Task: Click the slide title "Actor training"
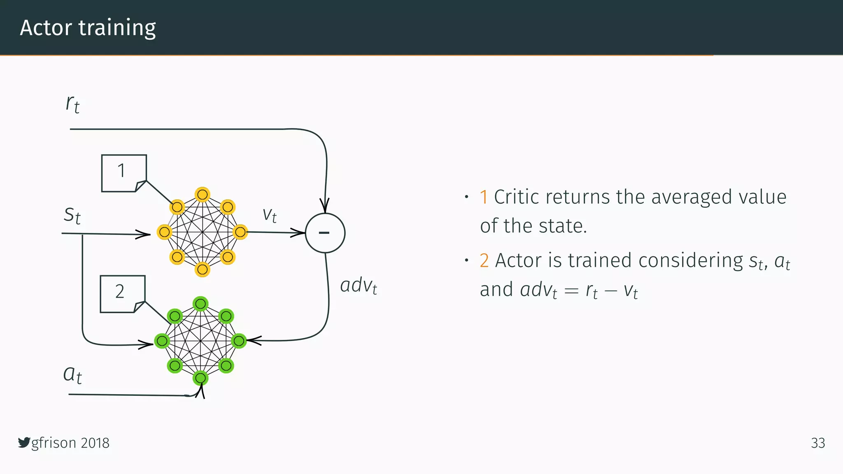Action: pyautogui.click(x=88, y=28)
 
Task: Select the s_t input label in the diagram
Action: pyautogui.click(x=72, y=215)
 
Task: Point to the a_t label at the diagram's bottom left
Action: pyautogui.click(x=72, y=374)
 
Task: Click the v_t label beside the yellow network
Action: pyautogui.click(x=270, y=215)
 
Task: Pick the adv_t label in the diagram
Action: pyautogui.click(x=359, y=286)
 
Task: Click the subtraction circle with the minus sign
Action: pyautogui.click(x=325, y=233)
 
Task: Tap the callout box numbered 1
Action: pyautogui.click(x=123, y=173)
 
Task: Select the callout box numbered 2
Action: pyautogui.click(x=122, y=294)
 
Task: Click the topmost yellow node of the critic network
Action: pyautogui.click(x=202, y=194)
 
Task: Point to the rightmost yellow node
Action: pyautogui.click(x=240, y=232)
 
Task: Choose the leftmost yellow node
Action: pyautogui.click(x=164, y=232)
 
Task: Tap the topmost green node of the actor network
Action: pyautogui.click(x=200, y=304)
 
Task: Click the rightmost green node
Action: pyautogui.click(x=239, y=341)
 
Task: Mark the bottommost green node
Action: pyautogui.click(x=200, y=378)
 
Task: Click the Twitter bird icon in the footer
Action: pyautogui.click(x=24, y=443)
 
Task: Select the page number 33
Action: pyautogui.click(x=817, y=443)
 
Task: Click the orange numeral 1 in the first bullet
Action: pyautogui.click(x=484, y=197)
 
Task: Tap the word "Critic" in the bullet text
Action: pyautogui.click(x=517, y=197)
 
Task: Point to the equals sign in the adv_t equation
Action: pyautogui.click(x=571, y=291)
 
